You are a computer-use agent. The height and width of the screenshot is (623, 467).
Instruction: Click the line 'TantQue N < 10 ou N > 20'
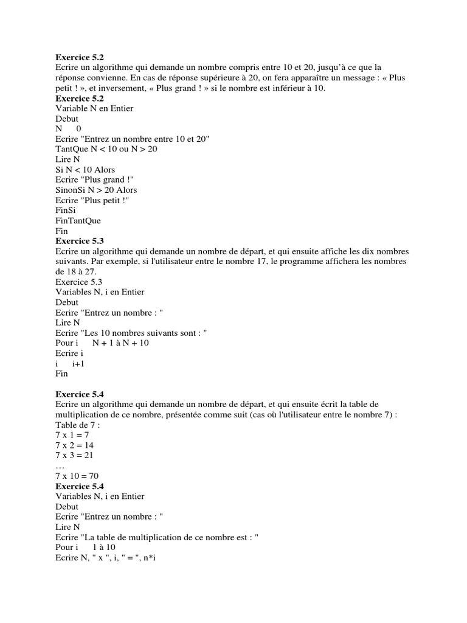106,149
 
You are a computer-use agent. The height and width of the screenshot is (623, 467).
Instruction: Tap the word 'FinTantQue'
78,221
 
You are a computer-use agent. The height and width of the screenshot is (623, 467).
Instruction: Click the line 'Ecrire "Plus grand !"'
94,180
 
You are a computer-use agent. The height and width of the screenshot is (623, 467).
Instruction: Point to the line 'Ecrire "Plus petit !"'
92,200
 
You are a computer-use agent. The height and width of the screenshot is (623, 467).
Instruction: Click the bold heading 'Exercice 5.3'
80,242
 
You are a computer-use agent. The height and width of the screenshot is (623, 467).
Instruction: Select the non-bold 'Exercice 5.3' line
79,282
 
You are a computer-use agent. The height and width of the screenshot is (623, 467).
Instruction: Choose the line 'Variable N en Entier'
94,108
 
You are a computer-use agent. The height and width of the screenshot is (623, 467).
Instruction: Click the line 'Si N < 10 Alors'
85,170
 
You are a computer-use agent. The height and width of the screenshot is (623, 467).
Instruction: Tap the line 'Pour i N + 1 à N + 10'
102,343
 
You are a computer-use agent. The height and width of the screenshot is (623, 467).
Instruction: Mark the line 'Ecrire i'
69,353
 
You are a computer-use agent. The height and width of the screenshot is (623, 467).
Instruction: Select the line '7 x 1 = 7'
72,436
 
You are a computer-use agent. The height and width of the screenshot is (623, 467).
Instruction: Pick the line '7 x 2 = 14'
74,446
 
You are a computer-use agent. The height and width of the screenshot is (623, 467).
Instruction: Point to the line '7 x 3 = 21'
74,456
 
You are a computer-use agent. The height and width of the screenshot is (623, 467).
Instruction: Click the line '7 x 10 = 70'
77,476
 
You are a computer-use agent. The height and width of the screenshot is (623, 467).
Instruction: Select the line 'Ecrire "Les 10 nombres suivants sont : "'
131,333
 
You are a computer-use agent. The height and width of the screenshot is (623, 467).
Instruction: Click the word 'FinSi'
66,211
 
